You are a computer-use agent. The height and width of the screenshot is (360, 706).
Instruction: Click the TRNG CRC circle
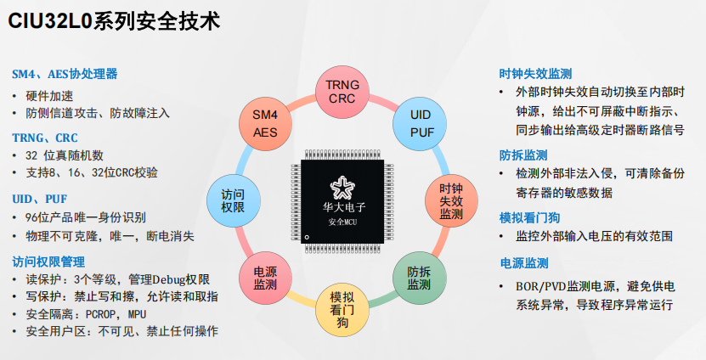coord(344,91)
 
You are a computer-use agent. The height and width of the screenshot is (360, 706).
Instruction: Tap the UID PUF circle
coord(421,123)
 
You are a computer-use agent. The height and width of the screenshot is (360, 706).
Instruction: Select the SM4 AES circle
coord(265,123)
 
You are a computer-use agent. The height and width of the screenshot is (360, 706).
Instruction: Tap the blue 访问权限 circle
coord(234,200)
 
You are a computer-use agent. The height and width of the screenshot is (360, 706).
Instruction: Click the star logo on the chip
coord(343,187)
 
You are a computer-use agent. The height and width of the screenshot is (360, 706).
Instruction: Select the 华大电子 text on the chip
coord(343,206)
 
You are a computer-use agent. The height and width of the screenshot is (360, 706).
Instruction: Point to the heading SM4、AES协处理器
coord(65,74)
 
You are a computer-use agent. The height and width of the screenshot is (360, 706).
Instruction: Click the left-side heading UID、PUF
coord(40,199)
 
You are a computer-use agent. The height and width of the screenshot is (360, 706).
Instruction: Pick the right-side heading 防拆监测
coord(523,155)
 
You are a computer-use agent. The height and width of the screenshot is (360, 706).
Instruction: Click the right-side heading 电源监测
coord(523,263)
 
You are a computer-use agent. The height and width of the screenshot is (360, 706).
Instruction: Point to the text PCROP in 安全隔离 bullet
coord(97,313)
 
